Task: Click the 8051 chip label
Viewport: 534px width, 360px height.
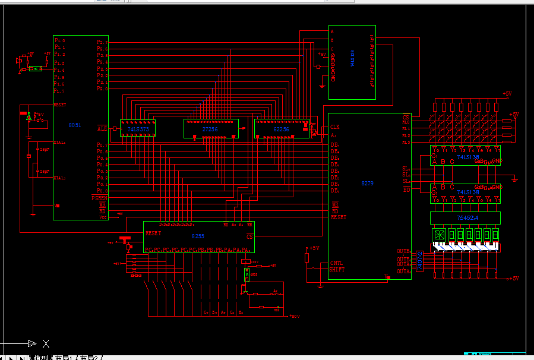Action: (x=75, y=125)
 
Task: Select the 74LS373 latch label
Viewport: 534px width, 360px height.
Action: (x=138, y=128)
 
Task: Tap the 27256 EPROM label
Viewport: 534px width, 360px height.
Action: (x=210, y=128)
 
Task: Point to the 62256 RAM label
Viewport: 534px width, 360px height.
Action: (x=281, y=128)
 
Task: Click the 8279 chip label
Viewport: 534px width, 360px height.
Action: (x=367, y=184)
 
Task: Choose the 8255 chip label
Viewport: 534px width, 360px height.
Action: (x=198, y=236)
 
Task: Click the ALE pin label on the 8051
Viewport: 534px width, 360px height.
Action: (x=102, y=128)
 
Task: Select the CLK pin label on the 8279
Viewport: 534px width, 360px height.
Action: (x=336, y=127)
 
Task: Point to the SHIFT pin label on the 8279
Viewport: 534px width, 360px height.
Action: (x=337, y=270)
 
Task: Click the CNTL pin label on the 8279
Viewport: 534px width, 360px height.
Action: (x=336, y=263)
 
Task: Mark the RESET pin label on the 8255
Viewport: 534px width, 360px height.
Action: (x=153, y=233)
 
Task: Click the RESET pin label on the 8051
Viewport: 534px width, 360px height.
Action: (x=60, y=105)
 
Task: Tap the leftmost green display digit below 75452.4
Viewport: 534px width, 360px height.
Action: (x=440, y=235)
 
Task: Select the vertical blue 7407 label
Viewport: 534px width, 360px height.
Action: (x=420, y=261)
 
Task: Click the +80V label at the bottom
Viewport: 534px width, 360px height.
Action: (x=294, y=316)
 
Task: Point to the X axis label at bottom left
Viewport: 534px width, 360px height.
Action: (x=46, y=343)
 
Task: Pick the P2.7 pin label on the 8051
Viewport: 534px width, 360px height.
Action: (x=102, y=42)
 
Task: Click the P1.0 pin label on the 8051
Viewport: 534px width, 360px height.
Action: (x=59, y=40)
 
